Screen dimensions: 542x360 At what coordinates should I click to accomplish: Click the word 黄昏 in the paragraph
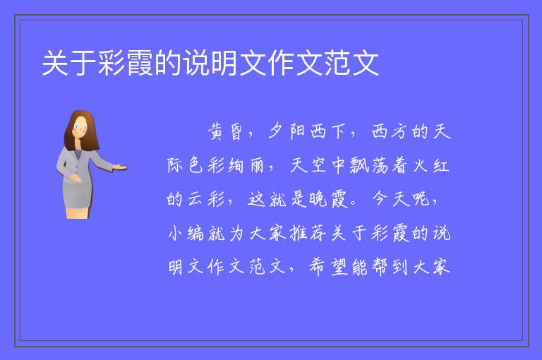point(225,132)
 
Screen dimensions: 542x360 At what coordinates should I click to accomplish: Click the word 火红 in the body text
point(431,166)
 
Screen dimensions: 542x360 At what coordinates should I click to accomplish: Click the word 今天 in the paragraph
point(390,199)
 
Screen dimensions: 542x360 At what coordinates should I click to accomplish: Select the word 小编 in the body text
point(186,233)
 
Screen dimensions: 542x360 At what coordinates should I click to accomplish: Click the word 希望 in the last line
point(328,267)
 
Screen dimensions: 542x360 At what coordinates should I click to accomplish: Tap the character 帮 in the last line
point(380,267)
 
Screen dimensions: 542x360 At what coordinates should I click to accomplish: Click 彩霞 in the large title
point(126,63)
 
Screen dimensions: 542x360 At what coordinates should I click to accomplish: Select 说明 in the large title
point(210,63)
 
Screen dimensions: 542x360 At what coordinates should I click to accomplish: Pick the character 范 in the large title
point(337,63)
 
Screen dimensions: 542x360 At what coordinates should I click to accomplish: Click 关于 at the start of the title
point(69,63)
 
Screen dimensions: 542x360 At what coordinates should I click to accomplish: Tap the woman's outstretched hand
point(120,167)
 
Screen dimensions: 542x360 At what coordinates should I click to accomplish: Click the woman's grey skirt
point(76,195)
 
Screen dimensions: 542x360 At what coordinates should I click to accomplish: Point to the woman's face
point(80,127)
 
